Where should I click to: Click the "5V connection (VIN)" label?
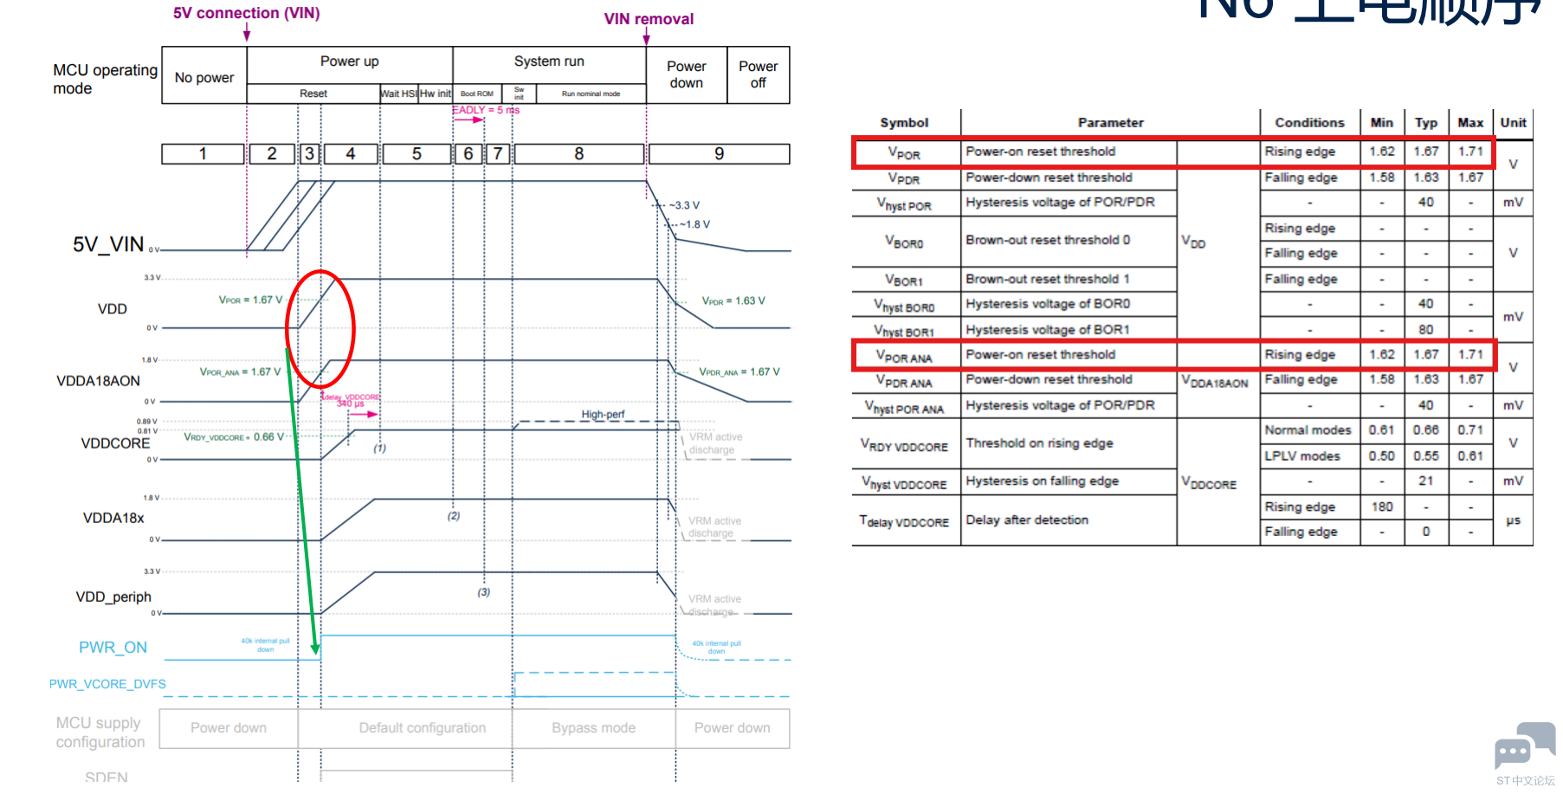246,13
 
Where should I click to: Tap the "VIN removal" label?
649,19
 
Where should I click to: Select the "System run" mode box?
549,61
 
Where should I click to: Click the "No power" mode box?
204,77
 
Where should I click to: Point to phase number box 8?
578,154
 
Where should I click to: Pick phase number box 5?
417,154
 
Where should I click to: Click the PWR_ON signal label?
113,648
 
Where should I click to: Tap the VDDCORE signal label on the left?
115,443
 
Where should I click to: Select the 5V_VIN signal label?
108,245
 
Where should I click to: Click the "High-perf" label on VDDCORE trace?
603,415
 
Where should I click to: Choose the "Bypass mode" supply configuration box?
593,728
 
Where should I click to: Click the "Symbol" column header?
904,123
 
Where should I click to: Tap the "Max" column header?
1470,123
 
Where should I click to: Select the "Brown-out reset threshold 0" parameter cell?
1048,240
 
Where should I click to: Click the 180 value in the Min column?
1382,507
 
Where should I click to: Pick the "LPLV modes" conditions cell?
1301,456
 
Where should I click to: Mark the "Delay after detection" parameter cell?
1027,520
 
